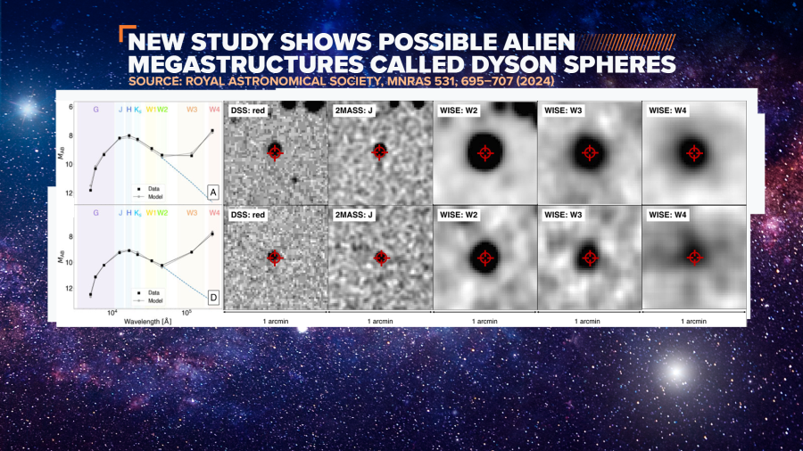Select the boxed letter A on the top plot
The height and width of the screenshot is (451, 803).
click(212, 193)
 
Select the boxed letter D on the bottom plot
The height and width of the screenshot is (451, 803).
click(212, 296)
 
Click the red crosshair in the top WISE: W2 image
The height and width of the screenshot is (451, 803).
click(485, 152)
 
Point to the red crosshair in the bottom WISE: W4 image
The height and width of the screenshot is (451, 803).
click(694, 258)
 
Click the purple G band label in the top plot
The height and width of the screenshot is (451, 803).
click(95, 110)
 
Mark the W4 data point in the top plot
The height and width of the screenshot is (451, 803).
click(212, 131)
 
